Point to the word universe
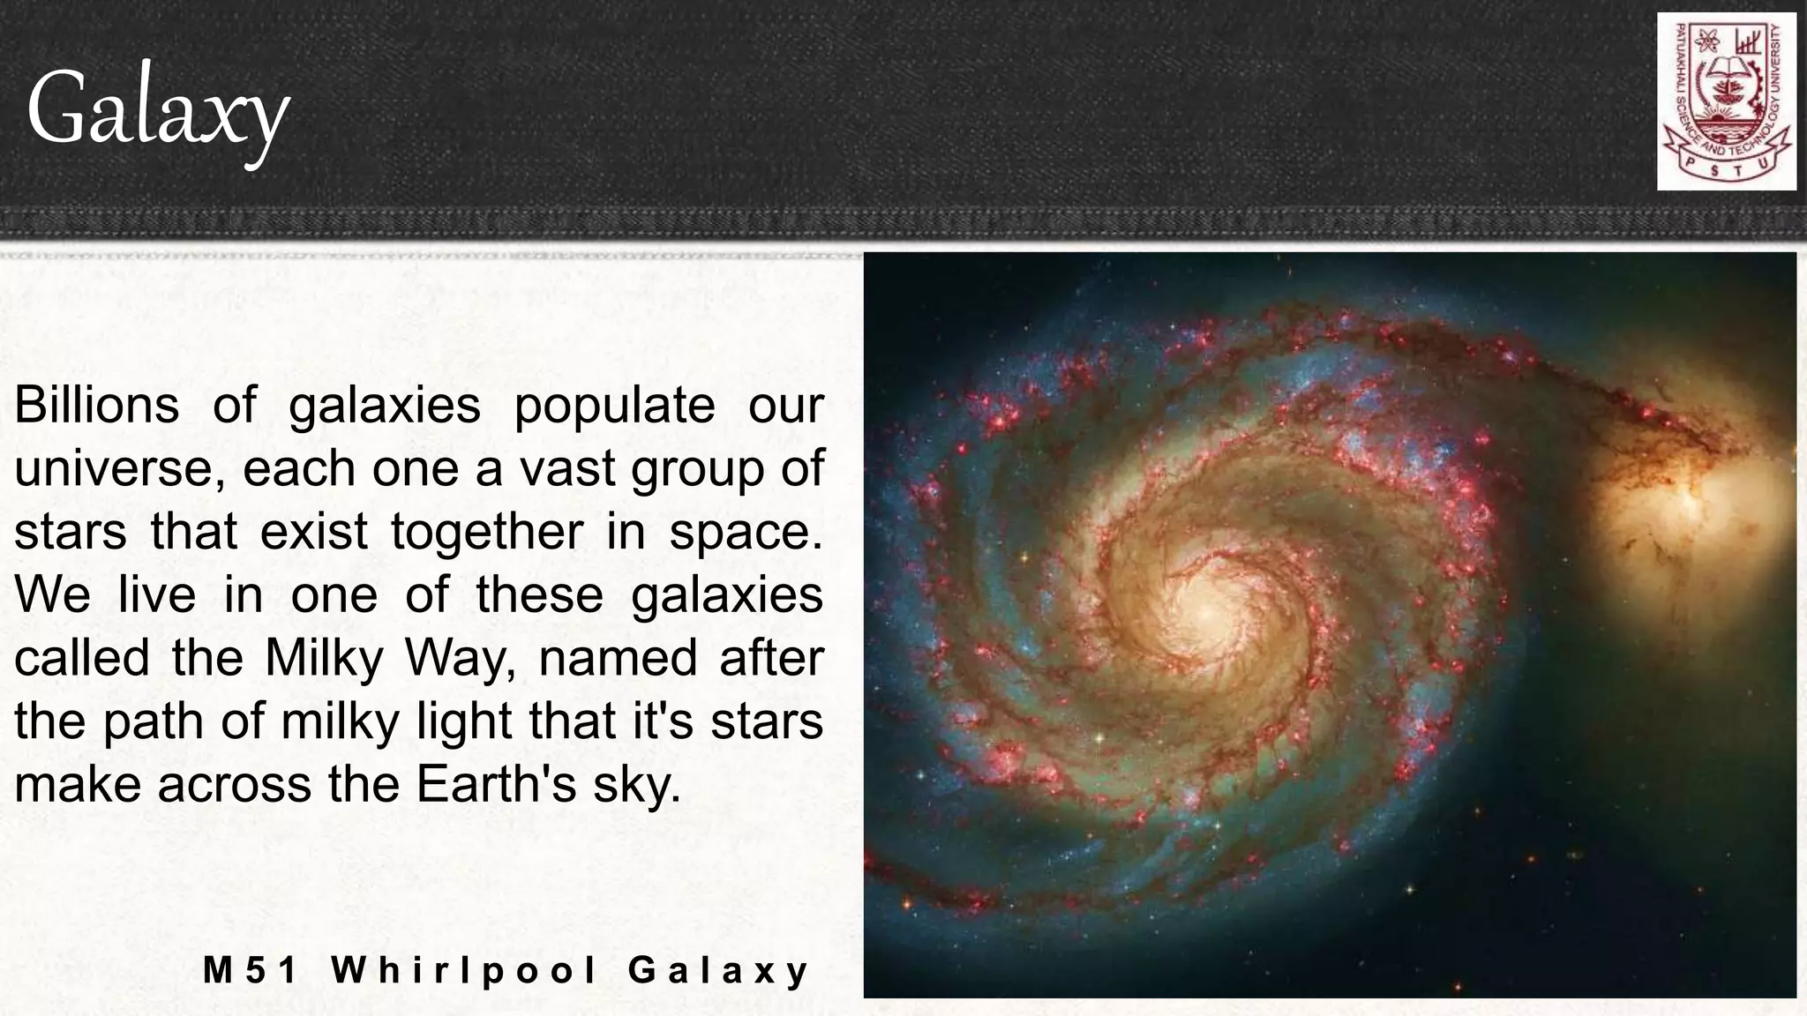(x=114, y=469)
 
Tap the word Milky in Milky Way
(x=322, y=658)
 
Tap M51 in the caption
(x=251, y=970)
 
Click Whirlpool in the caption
(x=465, y=971)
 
